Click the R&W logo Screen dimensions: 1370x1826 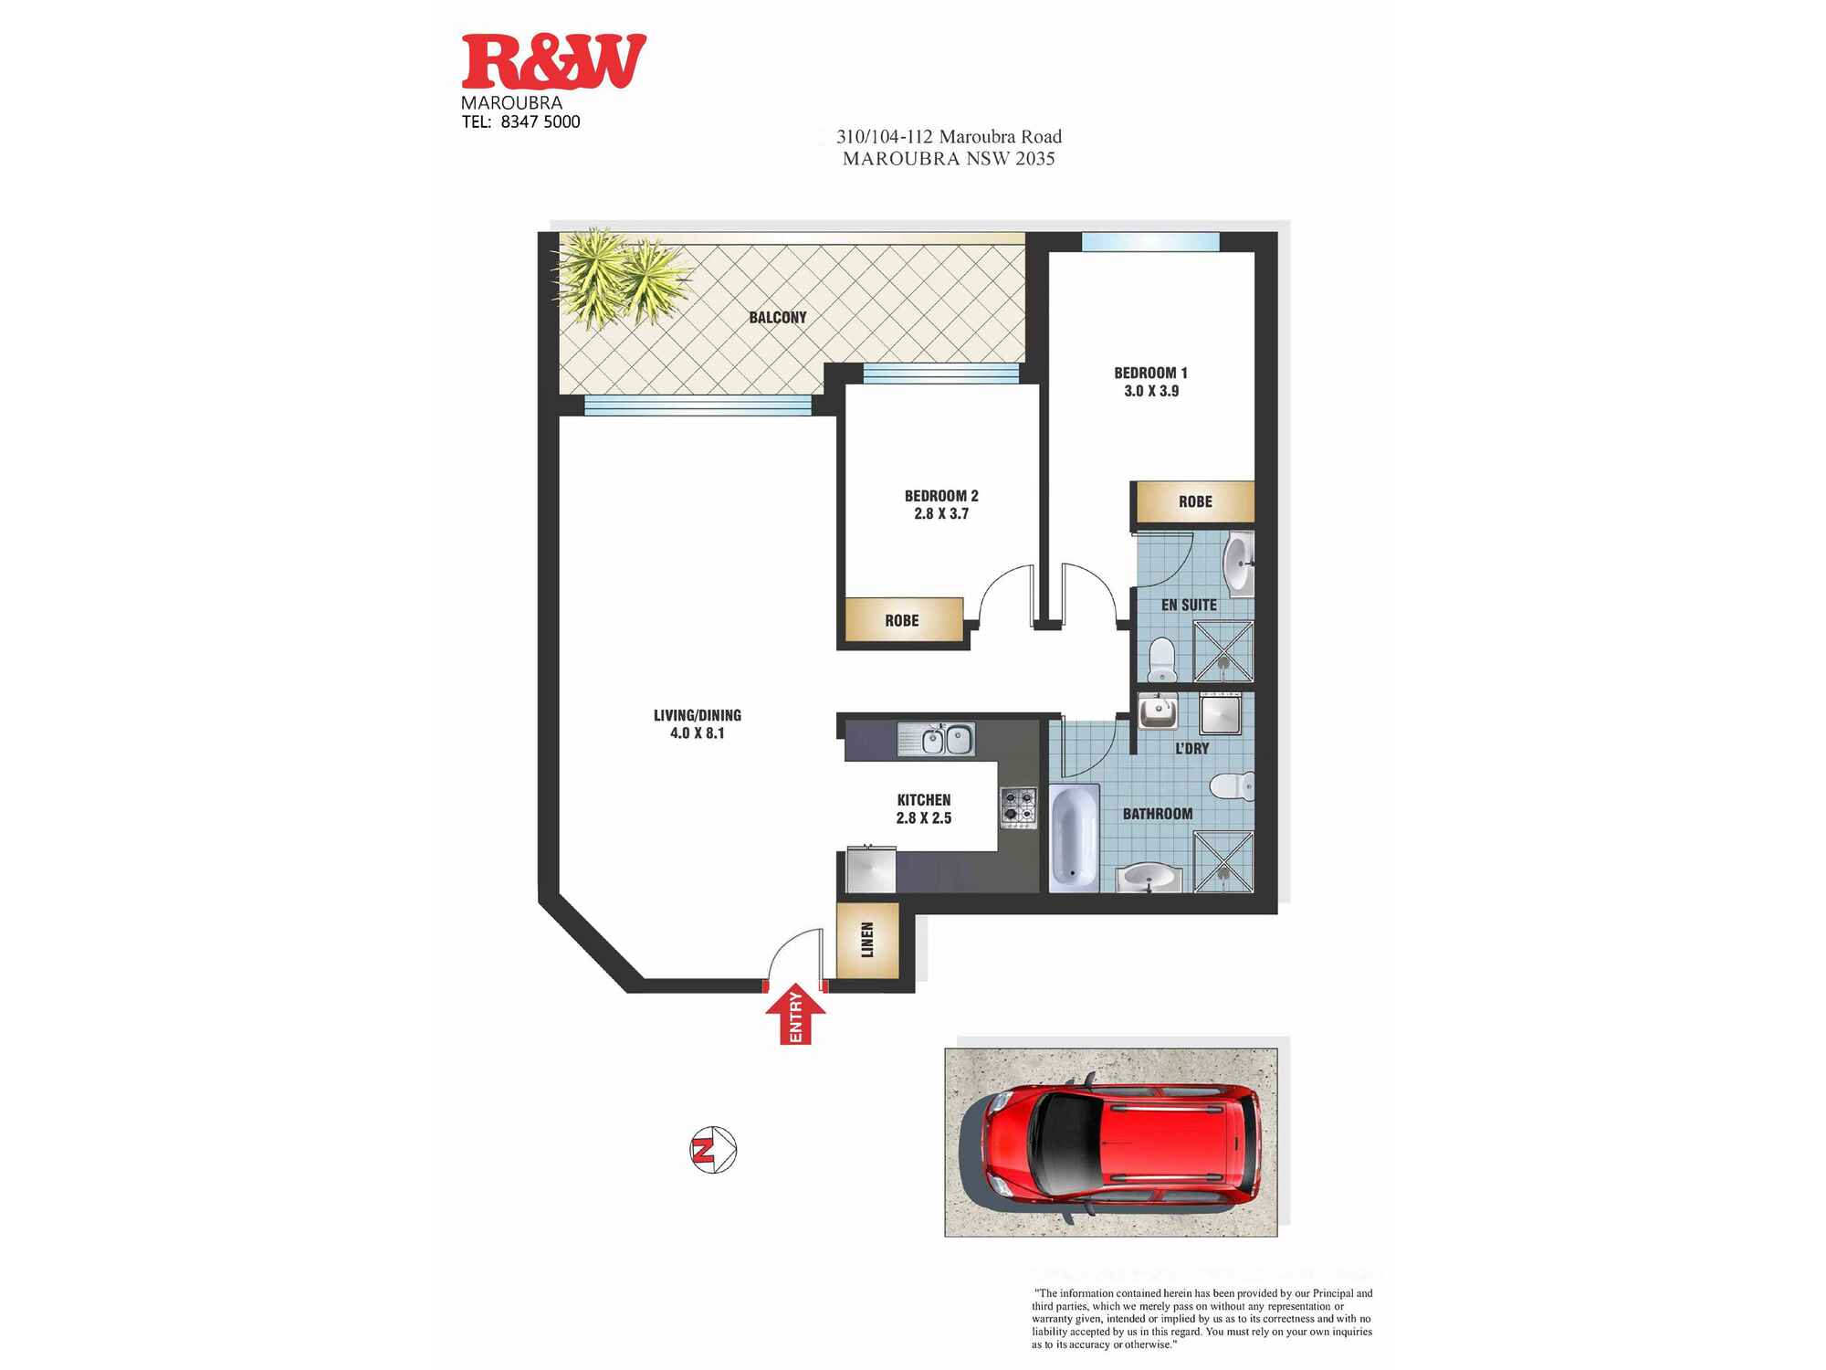point(553,62)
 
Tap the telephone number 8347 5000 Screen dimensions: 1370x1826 point(540,122)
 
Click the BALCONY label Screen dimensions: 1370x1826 point(778,318)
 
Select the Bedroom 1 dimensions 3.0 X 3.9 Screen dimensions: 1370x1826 point(1151,391)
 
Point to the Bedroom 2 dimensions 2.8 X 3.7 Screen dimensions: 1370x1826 point(941,514)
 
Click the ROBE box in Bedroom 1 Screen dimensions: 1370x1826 point(1194,502)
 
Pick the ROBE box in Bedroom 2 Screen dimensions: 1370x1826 point(903,620)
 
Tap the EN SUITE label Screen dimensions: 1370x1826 point(1189,606)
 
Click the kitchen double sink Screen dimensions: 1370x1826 point(937,739)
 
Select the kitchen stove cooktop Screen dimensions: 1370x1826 point(1019,807)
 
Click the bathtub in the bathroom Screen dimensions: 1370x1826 point(1073,838)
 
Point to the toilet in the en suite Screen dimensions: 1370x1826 point(1161,659)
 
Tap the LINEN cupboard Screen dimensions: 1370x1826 point(868,940)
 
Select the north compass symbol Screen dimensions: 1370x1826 point(712,1151)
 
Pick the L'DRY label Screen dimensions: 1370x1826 point(1191,749)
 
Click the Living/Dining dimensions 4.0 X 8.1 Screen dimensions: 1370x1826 point(697,733)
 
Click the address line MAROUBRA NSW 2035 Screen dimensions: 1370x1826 point(949,159)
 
